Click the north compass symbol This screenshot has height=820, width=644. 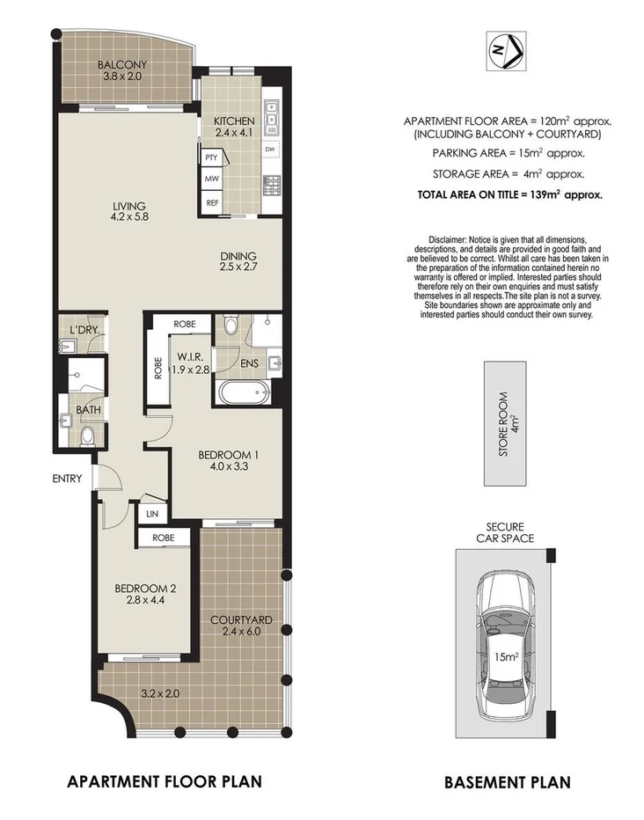pyautogui.click(x=505, y=50)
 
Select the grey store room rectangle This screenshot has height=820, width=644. pyautogui.click(x=505, y=422)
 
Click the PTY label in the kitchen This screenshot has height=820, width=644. pyautogui.click(x=211, y=157)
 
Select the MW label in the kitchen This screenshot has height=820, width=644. pyautogui.click(x=211, y=179)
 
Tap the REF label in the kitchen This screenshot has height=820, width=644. pyautogui.click(x=211, y=203)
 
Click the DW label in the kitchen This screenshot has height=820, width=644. pyautogui.click(x=269, y=150)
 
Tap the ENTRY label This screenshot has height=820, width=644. pyautogui.click(x=67, y=480)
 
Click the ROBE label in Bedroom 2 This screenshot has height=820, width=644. pyautogui.click(x=163, y=538)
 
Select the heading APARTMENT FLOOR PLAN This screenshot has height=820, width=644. pyautogui.click(x=165, y=780)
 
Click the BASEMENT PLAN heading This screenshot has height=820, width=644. pyautogui.click(x=507, y=781)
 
